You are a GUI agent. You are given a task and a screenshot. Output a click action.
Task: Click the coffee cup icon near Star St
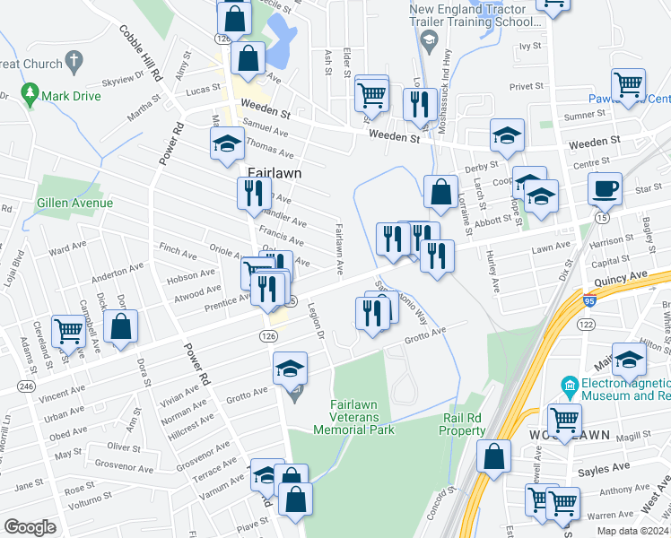(605, 189)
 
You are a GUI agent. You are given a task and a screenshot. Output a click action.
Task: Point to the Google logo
(30, 527)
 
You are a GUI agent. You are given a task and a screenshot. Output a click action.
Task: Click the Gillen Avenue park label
(75, 203)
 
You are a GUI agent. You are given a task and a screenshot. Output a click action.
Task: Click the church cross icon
(74, 64)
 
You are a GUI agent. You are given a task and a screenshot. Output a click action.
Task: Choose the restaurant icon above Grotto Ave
(370, 313)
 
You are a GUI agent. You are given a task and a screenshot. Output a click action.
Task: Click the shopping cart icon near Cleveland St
(67, 331)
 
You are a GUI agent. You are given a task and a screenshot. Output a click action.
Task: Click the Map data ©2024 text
(632, 531)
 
